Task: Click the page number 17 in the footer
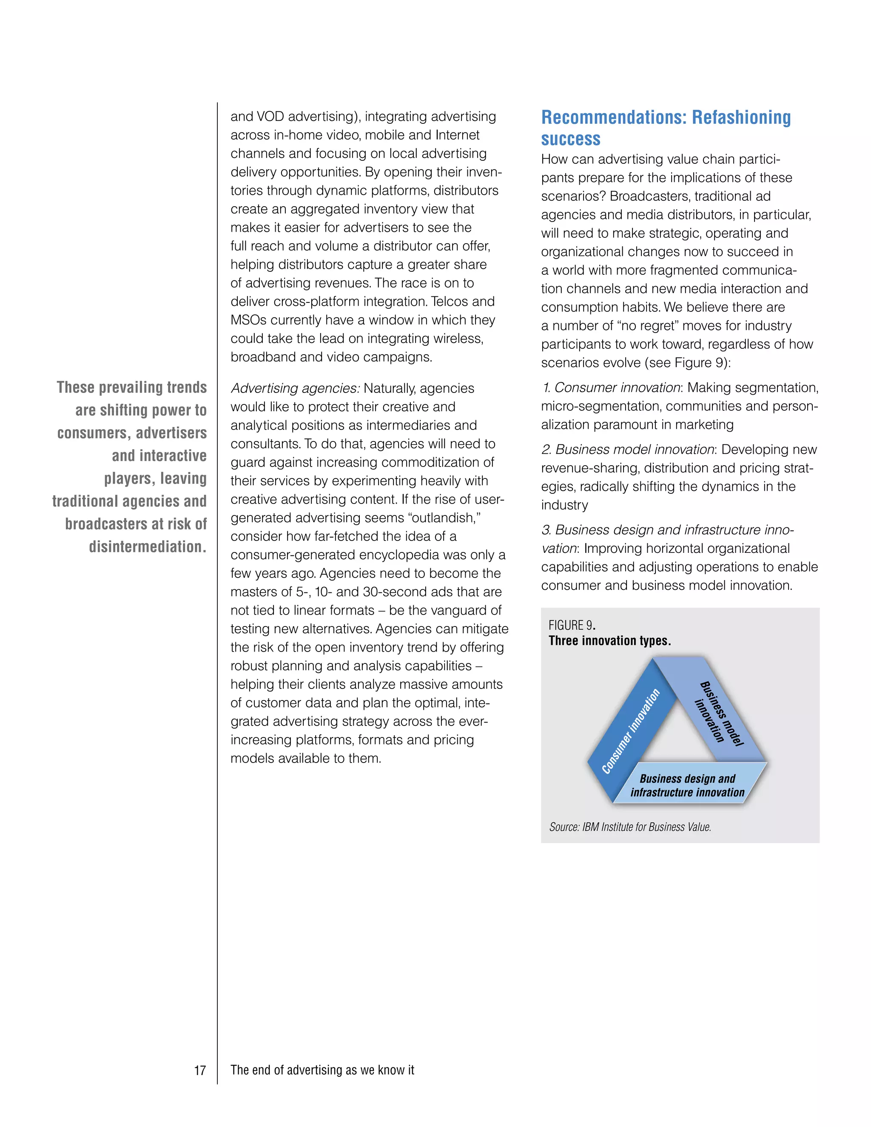[200, 1070]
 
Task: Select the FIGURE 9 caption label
[571, 626]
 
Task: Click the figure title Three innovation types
[609, 641]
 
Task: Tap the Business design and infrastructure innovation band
[687, 785]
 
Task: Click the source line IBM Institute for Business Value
[630, 827]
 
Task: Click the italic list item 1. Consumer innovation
[611, 388]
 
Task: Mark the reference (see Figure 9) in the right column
[687, 363]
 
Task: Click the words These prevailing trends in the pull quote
[131, 387]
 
